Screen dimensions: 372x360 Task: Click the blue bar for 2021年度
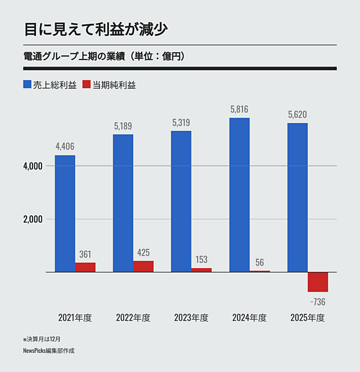65,214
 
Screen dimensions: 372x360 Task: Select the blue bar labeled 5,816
239,195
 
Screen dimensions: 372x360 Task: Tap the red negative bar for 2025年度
318,282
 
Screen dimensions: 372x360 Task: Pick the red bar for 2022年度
143,266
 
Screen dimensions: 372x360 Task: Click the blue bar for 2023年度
181,202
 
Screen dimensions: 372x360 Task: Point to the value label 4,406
65,146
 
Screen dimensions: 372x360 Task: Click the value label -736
318,301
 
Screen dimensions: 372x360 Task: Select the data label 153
202,259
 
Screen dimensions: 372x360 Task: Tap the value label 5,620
298,114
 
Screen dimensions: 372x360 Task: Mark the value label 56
260,262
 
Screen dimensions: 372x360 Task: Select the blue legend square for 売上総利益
28,85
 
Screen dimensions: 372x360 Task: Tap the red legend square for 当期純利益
86,85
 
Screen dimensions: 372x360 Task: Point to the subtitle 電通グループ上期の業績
72,57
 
